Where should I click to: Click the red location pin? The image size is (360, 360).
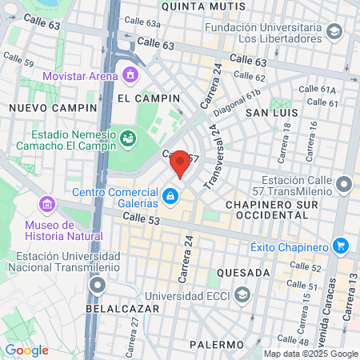tap(181, 164)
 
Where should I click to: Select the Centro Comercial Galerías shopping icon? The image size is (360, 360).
tap(170, 194)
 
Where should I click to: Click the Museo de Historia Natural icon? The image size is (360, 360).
tap(48, 205)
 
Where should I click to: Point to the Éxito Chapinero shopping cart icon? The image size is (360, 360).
tap(342, 245)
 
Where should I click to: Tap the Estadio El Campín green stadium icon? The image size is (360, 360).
tap(127, 140)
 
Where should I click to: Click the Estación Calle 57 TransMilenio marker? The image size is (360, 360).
tap(344, 186)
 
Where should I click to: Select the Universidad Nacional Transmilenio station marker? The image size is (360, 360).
tap(98, 285)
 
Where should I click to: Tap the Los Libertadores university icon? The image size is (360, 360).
tap(334, 32)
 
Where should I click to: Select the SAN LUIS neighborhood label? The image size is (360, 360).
tap(271, 114)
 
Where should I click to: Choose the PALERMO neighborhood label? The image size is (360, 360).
tap(217, 344)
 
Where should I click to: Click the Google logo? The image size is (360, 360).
tap(26, 350)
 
